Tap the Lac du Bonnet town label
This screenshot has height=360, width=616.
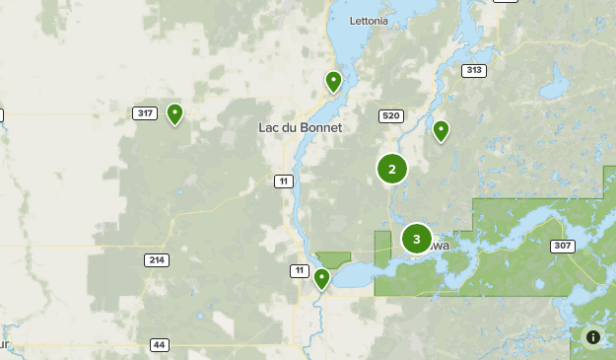[300, 128]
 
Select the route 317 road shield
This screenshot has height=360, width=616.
[146, 113]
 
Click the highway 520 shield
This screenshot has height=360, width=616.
[390, 116]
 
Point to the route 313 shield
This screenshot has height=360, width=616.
[475, 70]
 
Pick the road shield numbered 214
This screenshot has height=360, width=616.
[156, 260]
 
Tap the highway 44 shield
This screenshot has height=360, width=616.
[160, 345]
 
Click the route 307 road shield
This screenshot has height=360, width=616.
[563, 246]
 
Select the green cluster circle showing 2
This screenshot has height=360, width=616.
[392, 170]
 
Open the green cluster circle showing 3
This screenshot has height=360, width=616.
[417, 239]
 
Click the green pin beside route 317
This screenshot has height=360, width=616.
[174, 113]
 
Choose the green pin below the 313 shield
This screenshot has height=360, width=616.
[442, 130]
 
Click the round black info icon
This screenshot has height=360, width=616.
[593, 337]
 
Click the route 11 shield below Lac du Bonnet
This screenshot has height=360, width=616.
[284, 180]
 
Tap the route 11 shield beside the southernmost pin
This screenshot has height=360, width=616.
[299, 270]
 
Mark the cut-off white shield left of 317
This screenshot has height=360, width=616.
[1, 115]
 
